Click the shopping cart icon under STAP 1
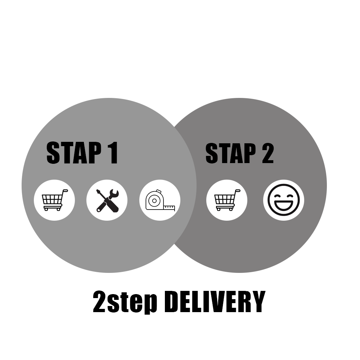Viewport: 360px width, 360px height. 54,200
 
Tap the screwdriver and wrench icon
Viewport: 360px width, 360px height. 107,200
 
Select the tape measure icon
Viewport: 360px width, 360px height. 159,200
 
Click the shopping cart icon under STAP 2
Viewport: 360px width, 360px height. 227,200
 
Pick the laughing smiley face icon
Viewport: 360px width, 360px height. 284,200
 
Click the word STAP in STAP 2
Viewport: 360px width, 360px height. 226,153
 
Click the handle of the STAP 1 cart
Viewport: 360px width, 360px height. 65,190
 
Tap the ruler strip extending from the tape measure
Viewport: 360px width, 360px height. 169,208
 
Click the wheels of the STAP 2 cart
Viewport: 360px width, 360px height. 227,209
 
